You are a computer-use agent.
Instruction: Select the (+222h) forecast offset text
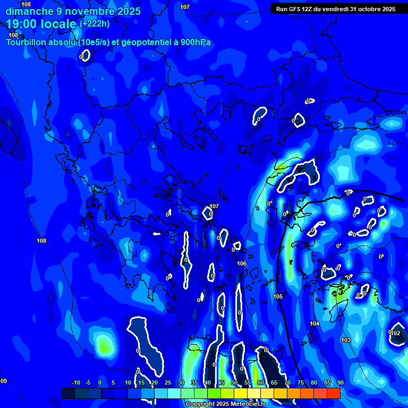point(95,23)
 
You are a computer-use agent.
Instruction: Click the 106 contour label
point(242,263)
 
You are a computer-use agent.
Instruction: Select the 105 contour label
point(278,296)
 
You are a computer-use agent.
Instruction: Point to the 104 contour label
point(314,324)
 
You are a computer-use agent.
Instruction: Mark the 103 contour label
point(346,340)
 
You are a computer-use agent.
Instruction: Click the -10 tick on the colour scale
point(75,382)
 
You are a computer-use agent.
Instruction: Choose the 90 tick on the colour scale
point(340,382)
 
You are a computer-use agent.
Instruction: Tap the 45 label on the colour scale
point(221,382)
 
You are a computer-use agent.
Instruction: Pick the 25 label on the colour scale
point(168,382)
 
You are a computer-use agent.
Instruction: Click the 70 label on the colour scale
point(287,382)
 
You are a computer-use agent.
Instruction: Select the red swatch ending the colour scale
point(333,393)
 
